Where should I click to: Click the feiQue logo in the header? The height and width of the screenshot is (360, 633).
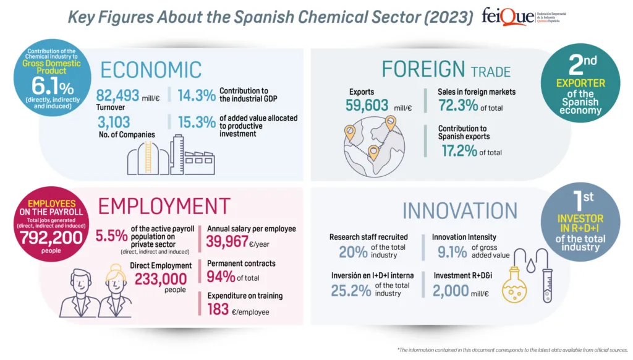click(523, 16)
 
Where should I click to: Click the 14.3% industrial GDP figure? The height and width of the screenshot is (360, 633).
click(197, 95)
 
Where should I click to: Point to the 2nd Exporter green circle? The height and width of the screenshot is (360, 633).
click(580, 87)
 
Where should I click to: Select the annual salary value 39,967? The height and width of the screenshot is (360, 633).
click(230, 242)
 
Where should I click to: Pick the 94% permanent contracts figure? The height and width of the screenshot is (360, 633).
click(220, 276)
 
